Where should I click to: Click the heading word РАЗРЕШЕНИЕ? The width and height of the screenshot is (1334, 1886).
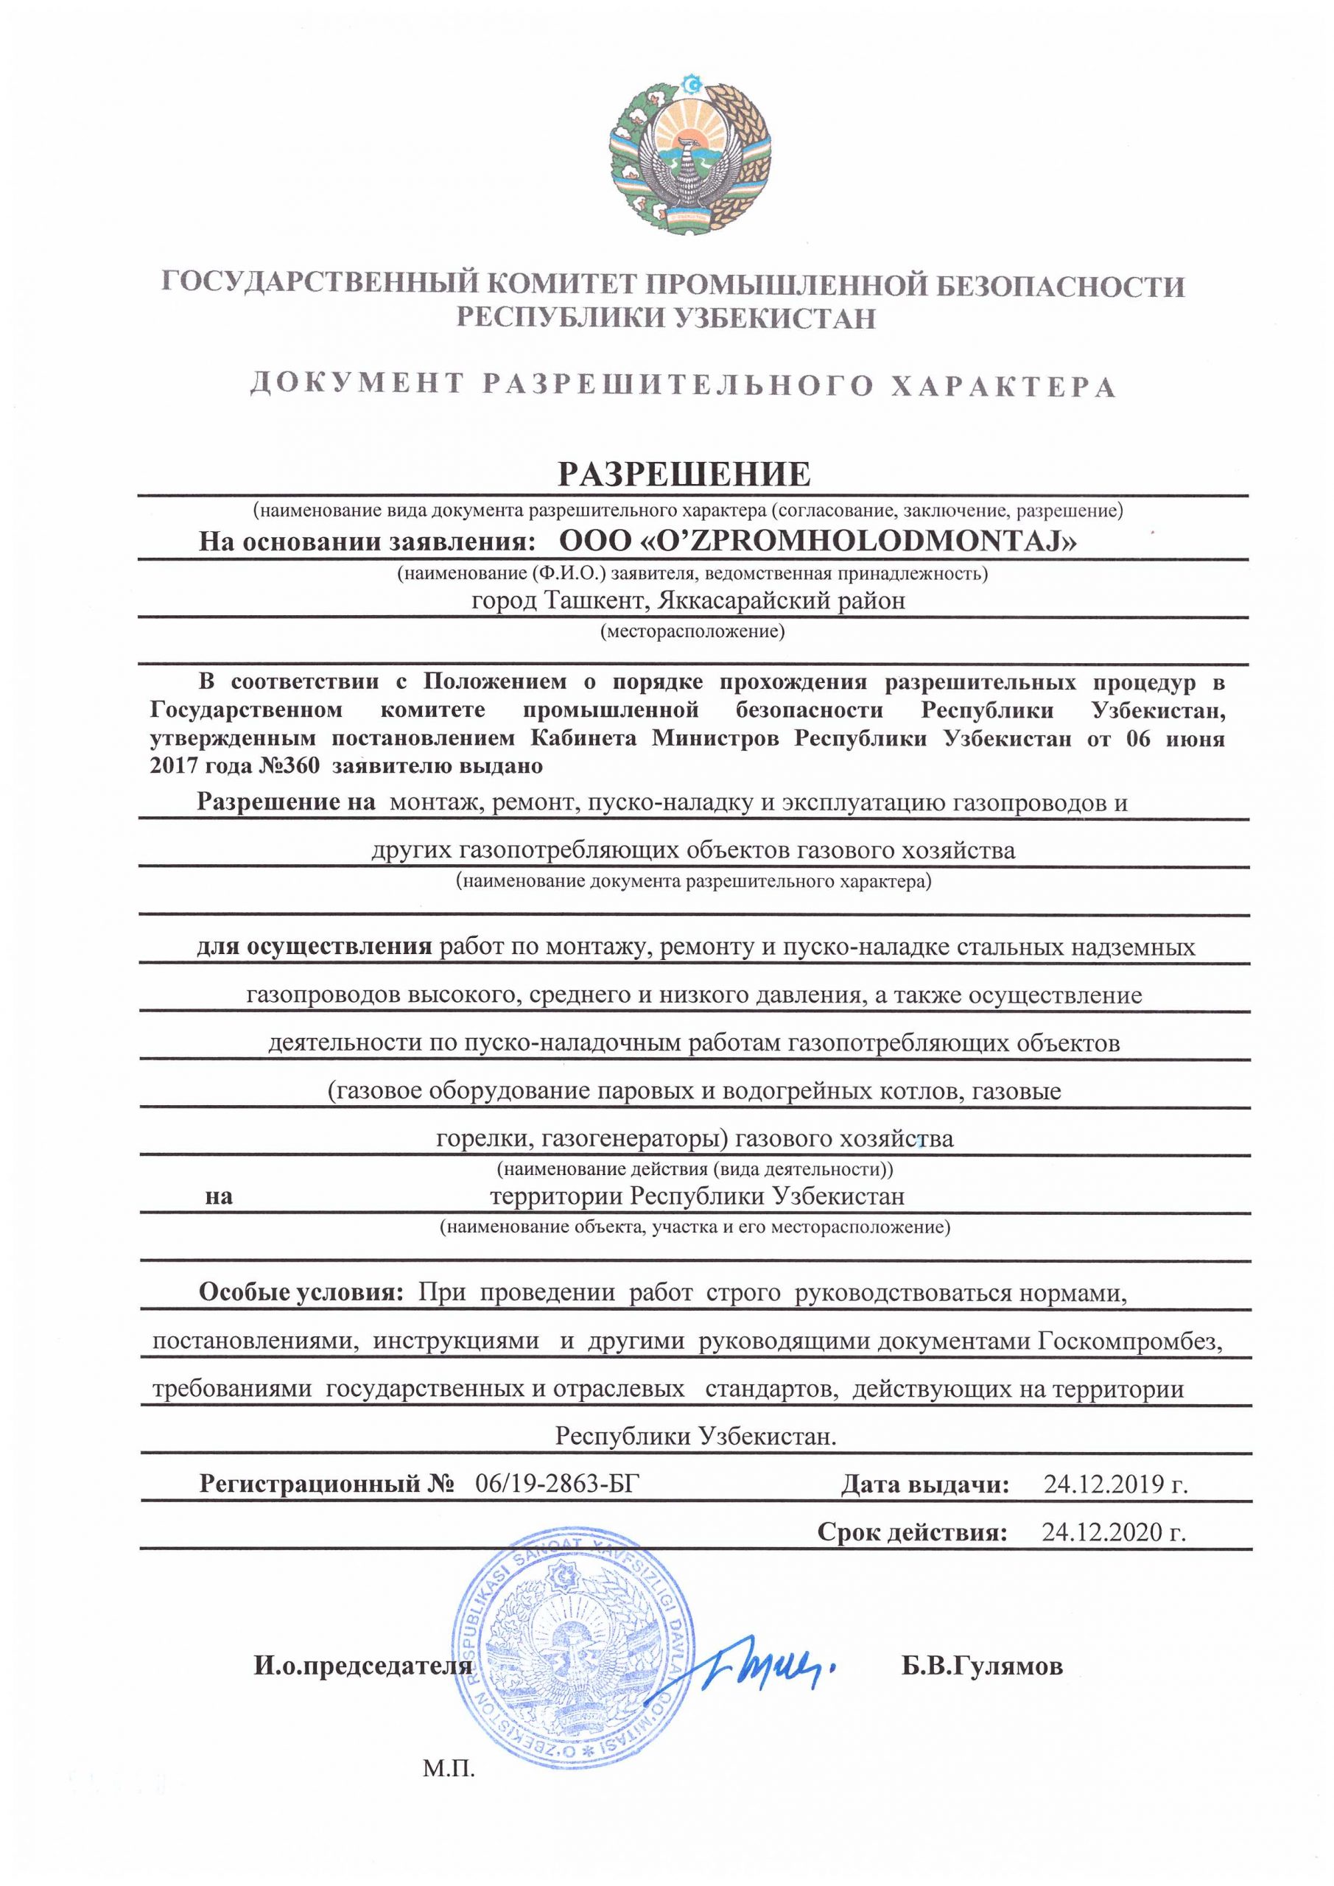pos(684,474)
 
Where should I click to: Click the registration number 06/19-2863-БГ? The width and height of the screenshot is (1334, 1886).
pos(556,1484)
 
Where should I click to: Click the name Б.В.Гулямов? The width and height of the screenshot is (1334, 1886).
pos(982,1666)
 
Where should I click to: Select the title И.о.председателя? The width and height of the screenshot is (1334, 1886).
pos(363,1666)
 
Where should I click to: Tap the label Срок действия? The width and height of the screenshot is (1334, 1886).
pos(912,1532)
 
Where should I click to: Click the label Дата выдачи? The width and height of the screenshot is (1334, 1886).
pos(924,1484)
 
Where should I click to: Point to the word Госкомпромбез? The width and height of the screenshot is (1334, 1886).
pos(1129,1341)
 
